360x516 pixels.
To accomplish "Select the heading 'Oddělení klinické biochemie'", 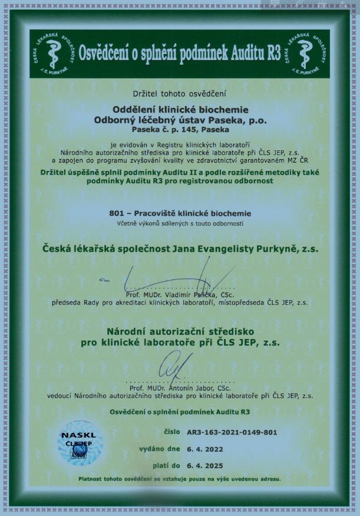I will [x=180, y=109].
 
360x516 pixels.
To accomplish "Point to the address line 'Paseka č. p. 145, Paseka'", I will [x=180, y=129].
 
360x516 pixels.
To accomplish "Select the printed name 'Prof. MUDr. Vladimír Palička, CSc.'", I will [x=181, y=294].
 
